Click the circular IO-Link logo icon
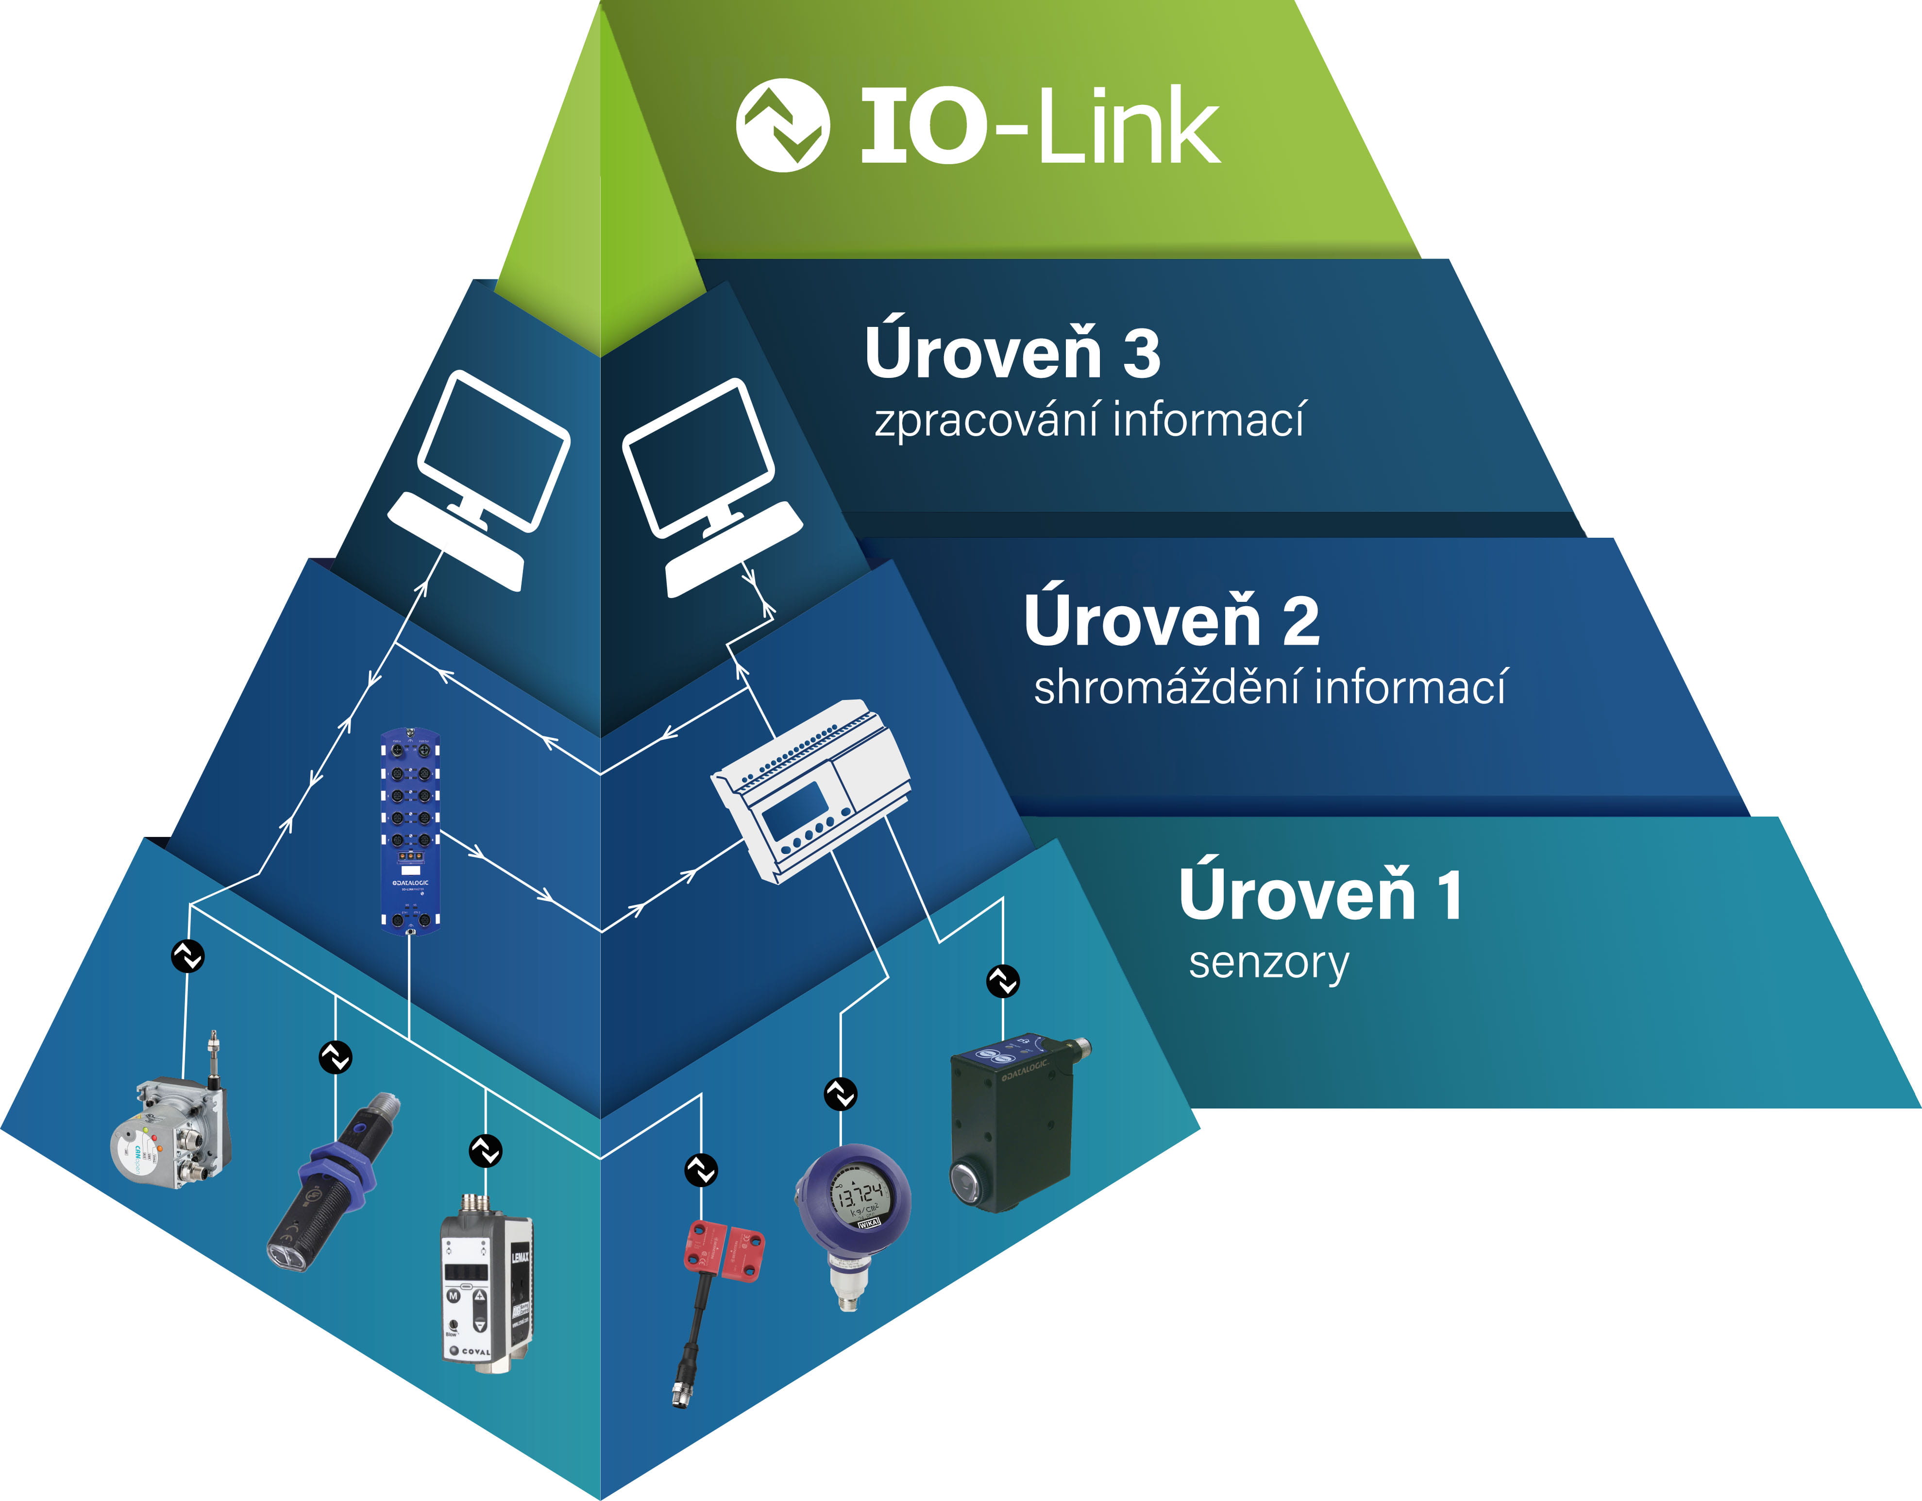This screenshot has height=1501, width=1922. point(781,125)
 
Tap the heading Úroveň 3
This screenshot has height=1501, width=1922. point(1012,352)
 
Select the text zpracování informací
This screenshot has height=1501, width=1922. point(1089,419)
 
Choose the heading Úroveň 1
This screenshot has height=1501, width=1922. point(1320,894)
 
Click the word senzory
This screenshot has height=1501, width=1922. point(1268,963)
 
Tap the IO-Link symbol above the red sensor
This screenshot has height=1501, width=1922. point(701,1170)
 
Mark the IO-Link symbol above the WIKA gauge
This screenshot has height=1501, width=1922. point(841,1094)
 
